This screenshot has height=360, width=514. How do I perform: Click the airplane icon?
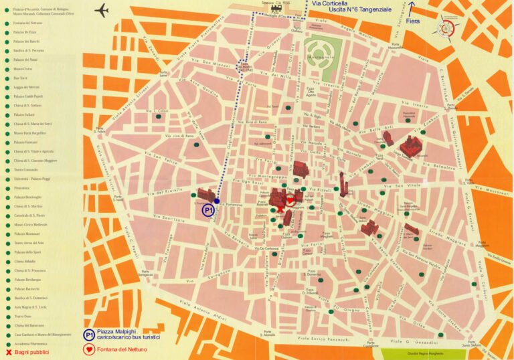click(x=102, y=11)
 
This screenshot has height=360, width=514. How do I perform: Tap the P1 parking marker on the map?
click(x=209, y=210)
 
